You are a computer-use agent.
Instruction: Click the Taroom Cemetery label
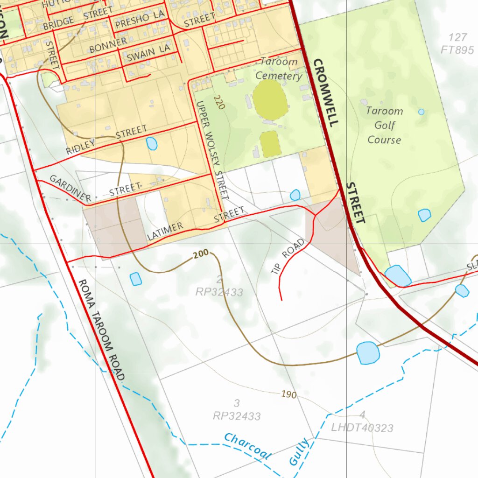click(x=279, y=69)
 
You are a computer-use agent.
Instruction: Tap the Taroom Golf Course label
click(x=384, y=125)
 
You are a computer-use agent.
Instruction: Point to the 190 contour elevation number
click(x=289, y=394)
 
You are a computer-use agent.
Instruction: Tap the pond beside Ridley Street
click(x=152, y=143)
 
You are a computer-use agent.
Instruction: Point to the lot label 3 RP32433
click(x=237, y=409)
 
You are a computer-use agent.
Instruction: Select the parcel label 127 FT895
click(x=457, y=44)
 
